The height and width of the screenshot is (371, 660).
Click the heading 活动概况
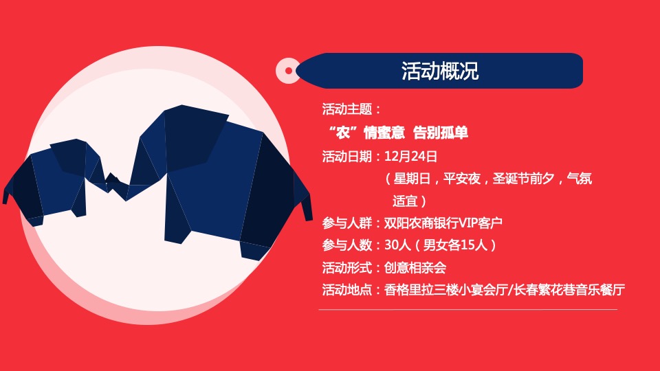pos(439,71)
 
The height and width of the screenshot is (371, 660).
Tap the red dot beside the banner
pos(288,71)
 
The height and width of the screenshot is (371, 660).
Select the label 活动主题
pos(347,109)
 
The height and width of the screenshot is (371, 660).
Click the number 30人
pos(397,245)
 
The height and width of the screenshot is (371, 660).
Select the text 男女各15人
pos(454,245)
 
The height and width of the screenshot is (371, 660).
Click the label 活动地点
pos(347,289)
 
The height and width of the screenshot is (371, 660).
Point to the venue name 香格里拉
pos(409,289)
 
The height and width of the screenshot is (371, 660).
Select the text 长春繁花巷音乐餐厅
pos(570,289)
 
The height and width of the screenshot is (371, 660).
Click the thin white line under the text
pos(467,309)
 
